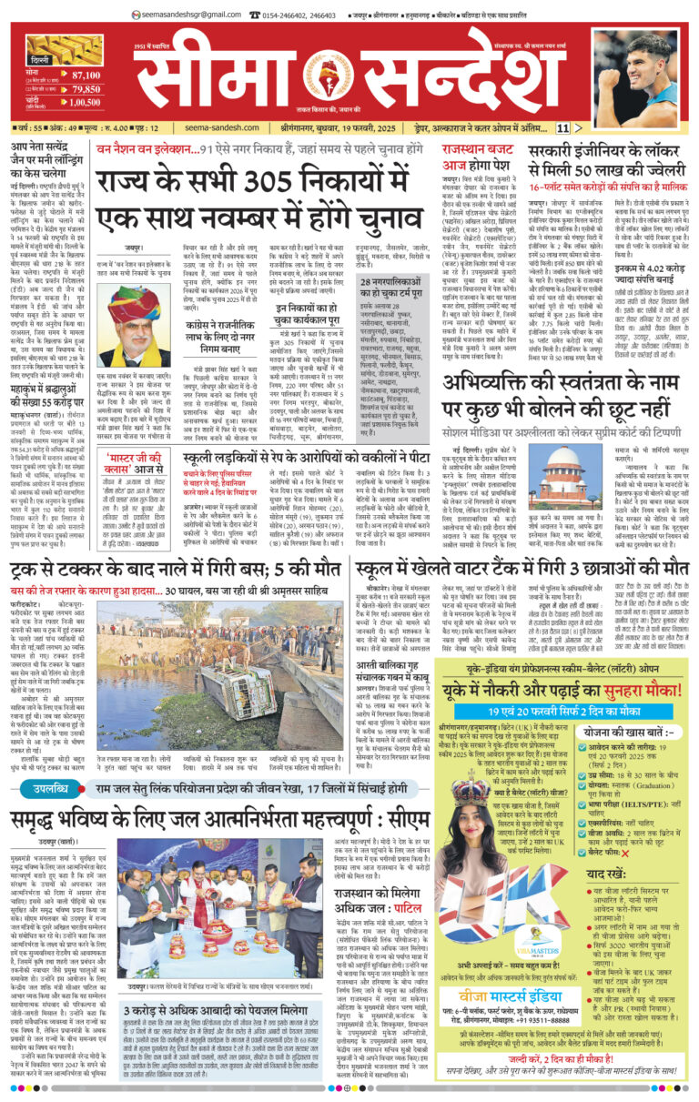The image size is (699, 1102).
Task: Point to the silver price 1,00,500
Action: tap(86, 101)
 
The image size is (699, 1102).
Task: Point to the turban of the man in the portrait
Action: tap(146, 300)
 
